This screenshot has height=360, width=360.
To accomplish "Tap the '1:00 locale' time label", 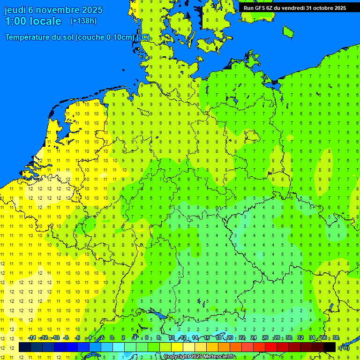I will point(33,21).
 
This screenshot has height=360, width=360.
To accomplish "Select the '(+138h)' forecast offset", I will point(83,21).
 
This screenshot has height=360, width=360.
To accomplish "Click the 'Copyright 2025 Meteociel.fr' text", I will point(199,357).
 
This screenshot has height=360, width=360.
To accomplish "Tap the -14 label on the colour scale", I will point(32,338).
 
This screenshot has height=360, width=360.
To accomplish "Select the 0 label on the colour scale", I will point(112,338).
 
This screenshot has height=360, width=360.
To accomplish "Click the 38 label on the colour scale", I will point(336,338).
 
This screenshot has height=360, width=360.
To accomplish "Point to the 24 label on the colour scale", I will point(254,338).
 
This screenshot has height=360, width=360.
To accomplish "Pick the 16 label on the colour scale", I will point(207,338).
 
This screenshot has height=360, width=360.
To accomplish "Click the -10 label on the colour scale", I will point(55,338).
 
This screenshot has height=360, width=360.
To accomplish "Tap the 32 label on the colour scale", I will point(300,338).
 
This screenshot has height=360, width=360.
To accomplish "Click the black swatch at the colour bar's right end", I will point(330,347).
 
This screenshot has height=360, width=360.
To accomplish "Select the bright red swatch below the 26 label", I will point(271,347).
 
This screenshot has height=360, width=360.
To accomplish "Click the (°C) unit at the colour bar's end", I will point(345,348).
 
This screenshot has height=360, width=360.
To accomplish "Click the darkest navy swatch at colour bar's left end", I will point(25,347).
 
